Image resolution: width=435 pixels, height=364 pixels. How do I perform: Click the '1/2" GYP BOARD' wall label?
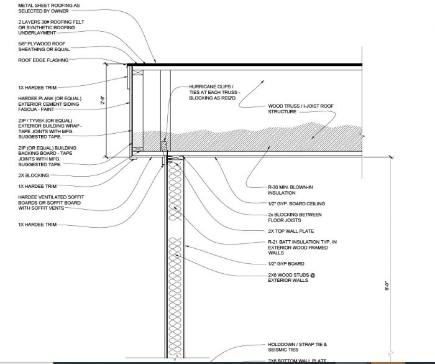(285, 263)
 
